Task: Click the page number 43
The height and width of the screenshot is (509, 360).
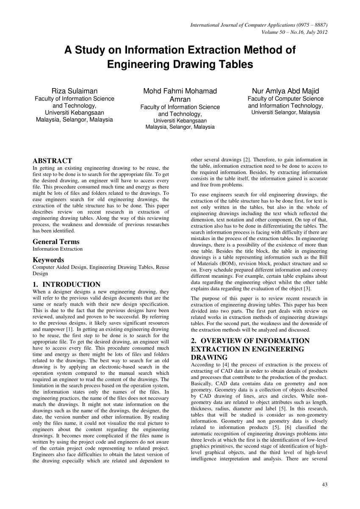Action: (x=324, y=485)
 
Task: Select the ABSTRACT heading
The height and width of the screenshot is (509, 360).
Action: (x=52, y=161)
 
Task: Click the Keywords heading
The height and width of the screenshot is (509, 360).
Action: (x=48, y=260)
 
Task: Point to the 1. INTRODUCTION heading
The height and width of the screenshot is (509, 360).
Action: (x=66, y=285)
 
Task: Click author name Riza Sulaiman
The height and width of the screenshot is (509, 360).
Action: (x=74, y=91)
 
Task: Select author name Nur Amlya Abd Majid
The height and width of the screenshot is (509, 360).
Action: (x=285, y=91)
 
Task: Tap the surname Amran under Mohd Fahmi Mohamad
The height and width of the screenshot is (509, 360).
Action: (x=180, y=99)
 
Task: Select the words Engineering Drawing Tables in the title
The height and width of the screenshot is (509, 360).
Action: (x=180, y=65)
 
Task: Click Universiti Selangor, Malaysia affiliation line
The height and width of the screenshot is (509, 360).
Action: (x=285, y=113)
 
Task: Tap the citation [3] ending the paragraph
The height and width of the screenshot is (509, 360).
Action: (x=307, y=289)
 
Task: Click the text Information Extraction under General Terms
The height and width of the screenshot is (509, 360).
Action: (x=58, y=249)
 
